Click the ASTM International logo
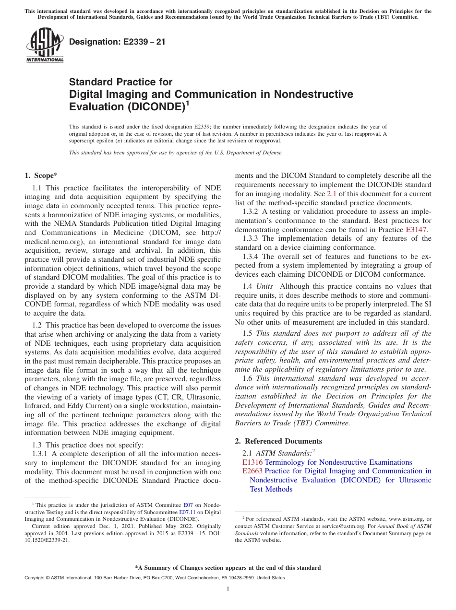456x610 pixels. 45,45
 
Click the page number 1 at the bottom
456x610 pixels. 228,589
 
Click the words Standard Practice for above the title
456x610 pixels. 120,82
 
